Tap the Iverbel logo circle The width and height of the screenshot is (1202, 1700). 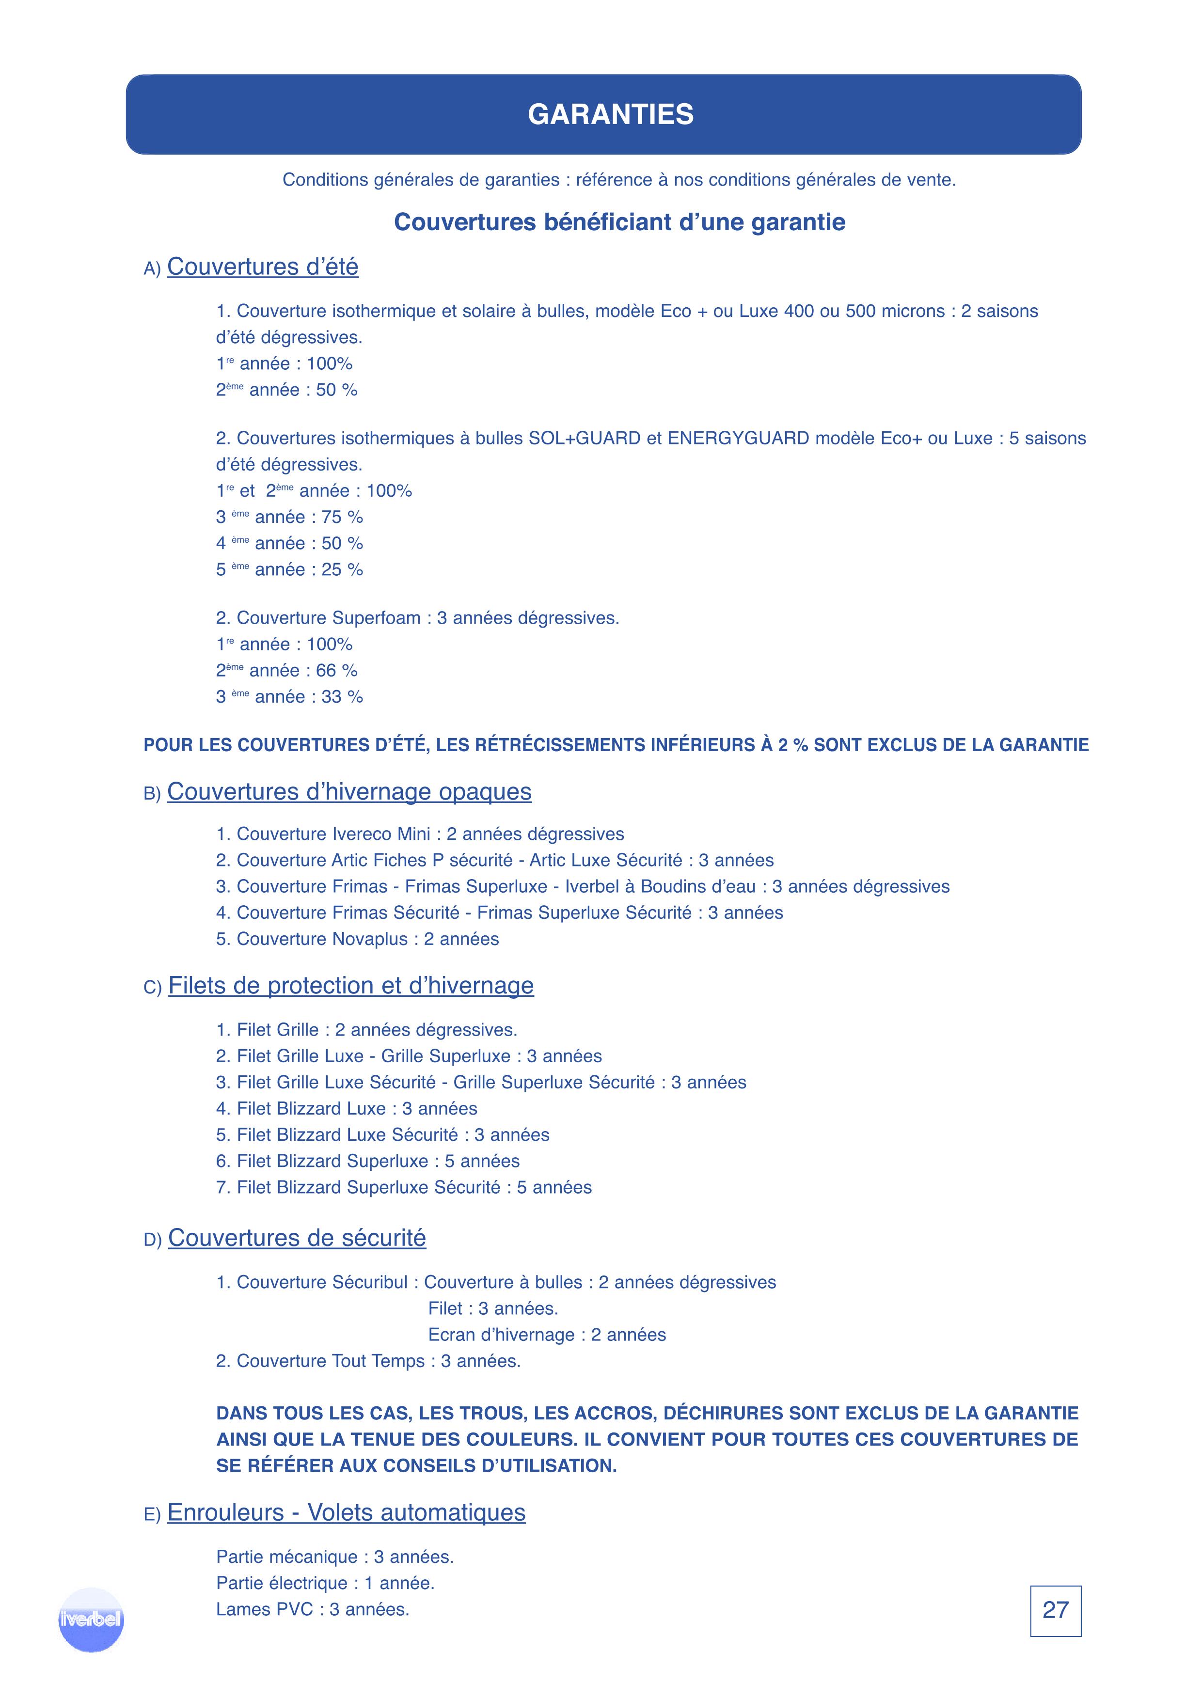91,1619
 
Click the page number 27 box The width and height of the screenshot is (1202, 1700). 1055,1610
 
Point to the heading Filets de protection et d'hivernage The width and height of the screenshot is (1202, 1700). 350,986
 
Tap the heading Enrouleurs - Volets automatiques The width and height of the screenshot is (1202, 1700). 346,1512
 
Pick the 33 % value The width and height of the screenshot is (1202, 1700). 342,697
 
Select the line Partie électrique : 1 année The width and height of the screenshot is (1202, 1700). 325,1583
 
